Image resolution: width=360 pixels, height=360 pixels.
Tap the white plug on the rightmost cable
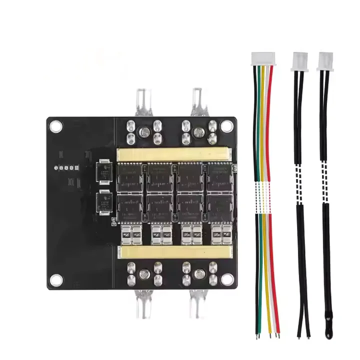326,61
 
